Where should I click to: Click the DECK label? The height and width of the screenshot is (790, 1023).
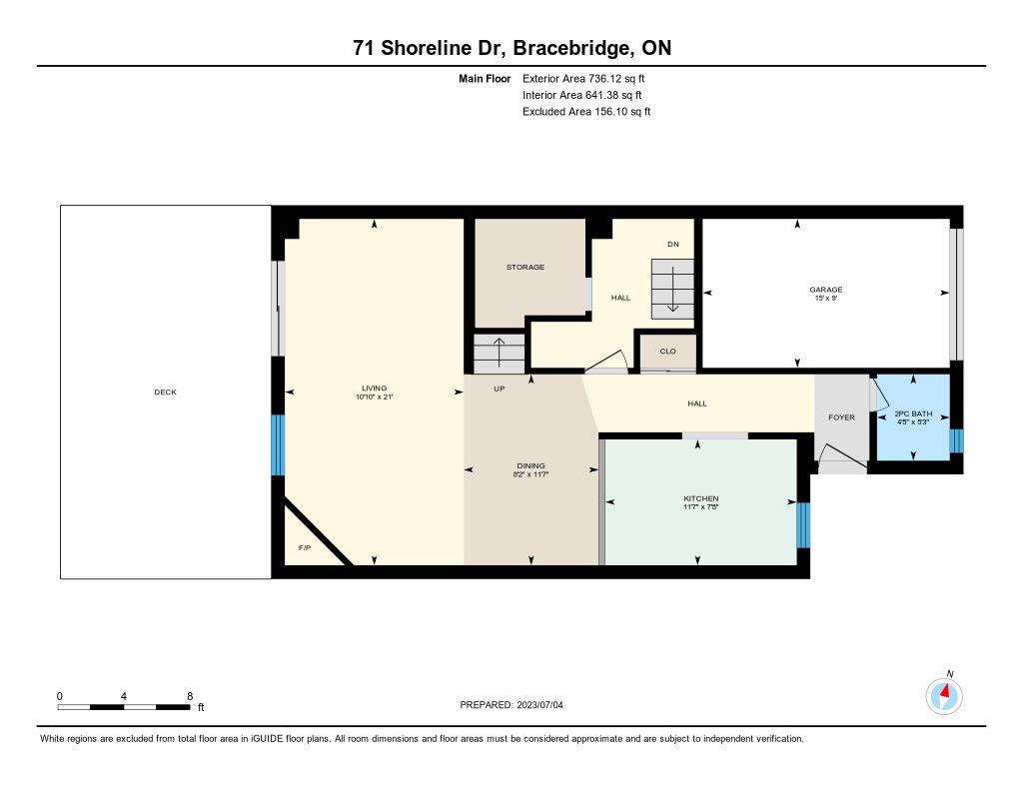click(165, 393)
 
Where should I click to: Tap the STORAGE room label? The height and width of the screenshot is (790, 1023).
click(525, 267)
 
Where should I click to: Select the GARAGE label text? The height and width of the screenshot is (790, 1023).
click(826, 290)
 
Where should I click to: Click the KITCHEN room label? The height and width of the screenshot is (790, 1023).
click(700, 498)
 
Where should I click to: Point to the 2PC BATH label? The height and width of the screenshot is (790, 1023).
click(913, 413)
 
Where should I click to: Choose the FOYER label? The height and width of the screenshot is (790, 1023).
click(841, 417)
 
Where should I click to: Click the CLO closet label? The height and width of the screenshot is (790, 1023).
click(668, 351)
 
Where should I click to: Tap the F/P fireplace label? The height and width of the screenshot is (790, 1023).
click(305, 548)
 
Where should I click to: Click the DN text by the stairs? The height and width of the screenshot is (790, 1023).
click(673, 244)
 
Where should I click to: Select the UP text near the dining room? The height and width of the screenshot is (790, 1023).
click(500, 389)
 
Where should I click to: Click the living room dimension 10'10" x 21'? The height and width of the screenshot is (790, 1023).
click(375, 396)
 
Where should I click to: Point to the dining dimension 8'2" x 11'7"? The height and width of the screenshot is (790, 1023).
click(531, 474)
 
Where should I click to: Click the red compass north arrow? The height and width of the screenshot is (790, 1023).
click(945, 691)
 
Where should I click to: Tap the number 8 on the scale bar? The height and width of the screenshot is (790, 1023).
click(190, 696)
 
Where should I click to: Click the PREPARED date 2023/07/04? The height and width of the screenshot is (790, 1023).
click(540, 704)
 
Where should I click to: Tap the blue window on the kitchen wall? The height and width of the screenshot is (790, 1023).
click(803, 525)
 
